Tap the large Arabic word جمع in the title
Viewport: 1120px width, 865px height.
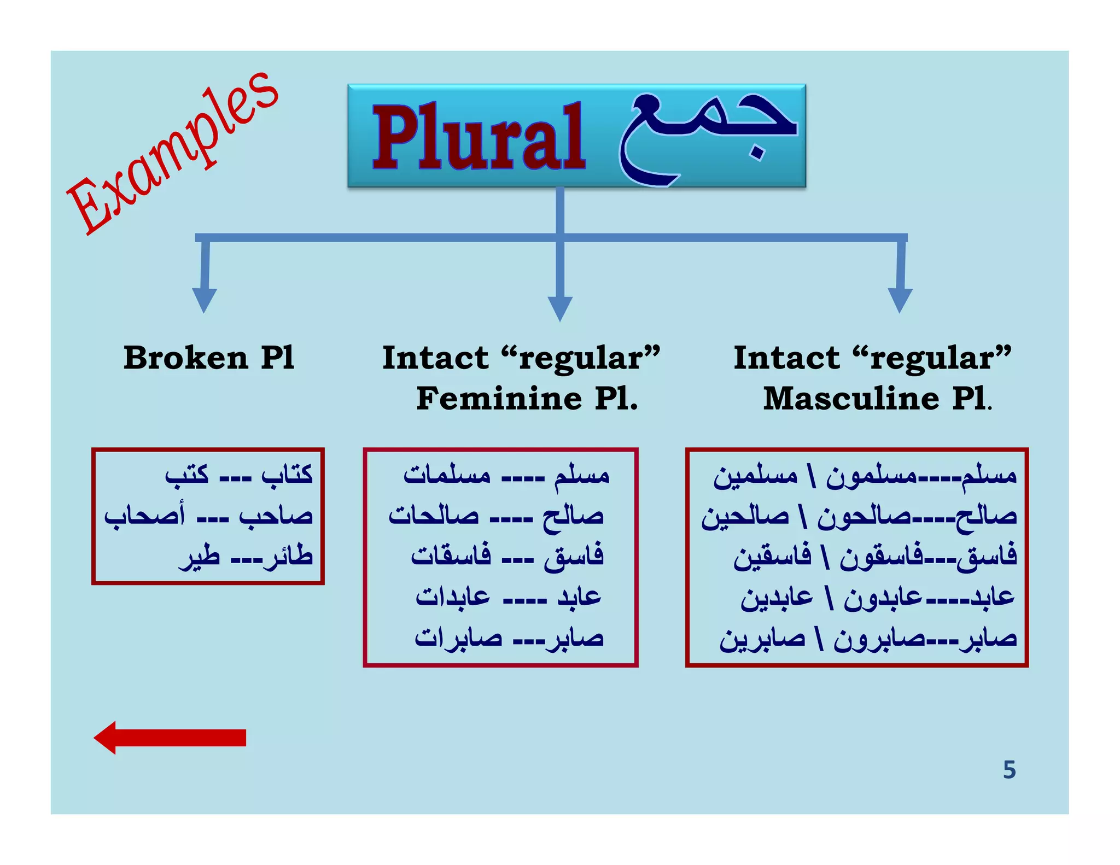(705, 137)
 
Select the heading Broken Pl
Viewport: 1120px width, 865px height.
(208, 358)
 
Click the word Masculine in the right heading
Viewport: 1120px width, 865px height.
(851, 398)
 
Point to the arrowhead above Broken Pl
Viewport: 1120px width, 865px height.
(204, 300)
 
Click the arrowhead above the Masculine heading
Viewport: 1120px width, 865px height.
(900, 300)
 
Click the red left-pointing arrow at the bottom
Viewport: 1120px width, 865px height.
(170, 738)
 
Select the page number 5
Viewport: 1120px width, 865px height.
(1009, 770)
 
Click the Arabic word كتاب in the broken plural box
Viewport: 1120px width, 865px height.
(287, 474)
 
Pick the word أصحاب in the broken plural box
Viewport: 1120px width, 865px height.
(145, 516)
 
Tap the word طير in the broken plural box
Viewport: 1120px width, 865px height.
(200, 557)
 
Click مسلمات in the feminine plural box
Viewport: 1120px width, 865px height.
(447, 474)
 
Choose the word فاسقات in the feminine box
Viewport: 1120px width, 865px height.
(451, 556)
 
